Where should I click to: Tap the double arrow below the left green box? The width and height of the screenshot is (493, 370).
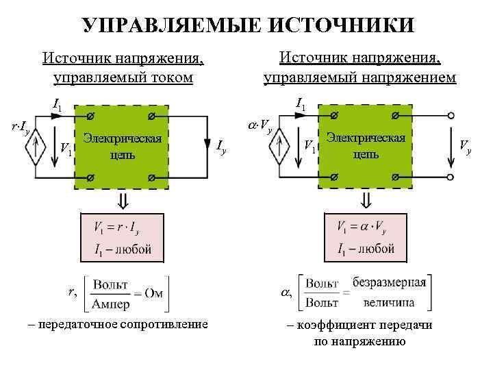(x=123, y=199)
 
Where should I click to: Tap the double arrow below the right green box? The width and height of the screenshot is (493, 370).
(x=366, y=199)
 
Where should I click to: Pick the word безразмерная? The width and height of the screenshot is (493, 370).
(x=390, y=282)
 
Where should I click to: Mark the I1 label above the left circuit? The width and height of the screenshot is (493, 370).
(x=58, y=106)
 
